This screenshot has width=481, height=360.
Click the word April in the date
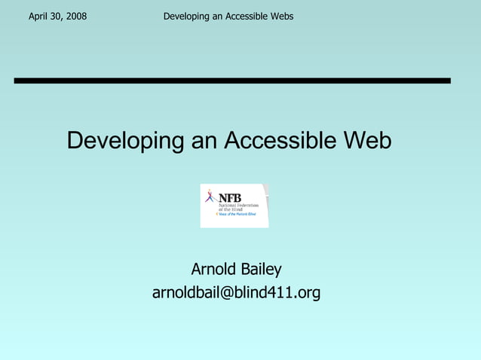[38, 16]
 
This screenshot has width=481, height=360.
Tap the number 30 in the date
[58, 16]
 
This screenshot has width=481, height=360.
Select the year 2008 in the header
[76, 16]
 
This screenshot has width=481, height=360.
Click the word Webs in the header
[280, 16]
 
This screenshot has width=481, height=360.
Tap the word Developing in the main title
[125, 140]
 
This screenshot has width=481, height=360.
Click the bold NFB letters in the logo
[230, 197]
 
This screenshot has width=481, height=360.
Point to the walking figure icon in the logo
[210, 198]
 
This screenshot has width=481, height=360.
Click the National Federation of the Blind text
[237, 206]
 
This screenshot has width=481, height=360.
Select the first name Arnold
[214, 269]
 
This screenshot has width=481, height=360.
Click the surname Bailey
[261, 269]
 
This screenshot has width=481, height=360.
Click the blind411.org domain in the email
[278, 292]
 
